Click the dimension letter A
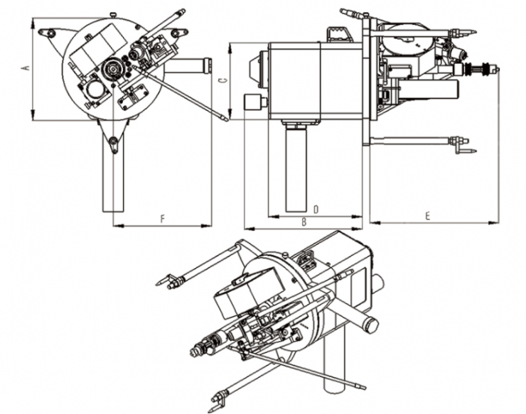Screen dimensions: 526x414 point(26,67)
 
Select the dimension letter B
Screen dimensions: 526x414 point(304,222)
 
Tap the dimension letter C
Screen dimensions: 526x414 point(222,80)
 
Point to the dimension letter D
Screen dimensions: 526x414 point(316,209)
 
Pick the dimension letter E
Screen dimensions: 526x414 point(427,216)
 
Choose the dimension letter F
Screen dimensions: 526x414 point(163,219)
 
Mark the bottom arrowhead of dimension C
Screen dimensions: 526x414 point(230,114)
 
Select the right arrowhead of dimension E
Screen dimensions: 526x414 point(493,222)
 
